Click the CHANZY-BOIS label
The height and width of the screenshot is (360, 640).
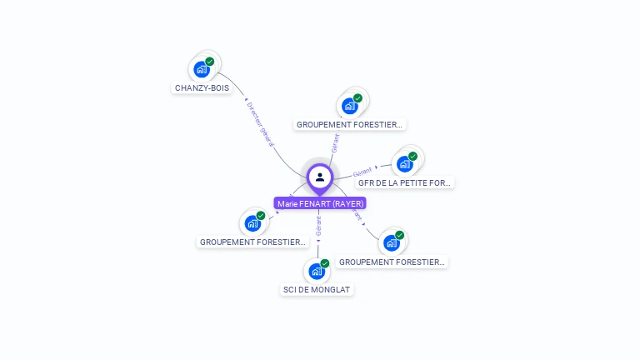point(202,87)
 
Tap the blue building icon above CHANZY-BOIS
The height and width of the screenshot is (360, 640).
point(200,69)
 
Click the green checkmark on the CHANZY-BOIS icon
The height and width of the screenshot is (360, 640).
point(210,62)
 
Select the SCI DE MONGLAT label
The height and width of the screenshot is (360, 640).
point(317,290)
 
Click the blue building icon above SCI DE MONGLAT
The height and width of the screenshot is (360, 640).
point(315,271)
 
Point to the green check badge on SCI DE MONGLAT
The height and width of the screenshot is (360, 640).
point(325,263)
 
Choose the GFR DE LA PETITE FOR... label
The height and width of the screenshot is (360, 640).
point(404,182)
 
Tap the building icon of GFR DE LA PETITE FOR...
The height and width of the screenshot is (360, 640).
point(405,164)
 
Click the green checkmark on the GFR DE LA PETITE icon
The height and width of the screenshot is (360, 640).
point(412,157)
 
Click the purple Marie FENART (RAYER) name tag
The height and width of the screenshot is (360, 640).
point(320,203)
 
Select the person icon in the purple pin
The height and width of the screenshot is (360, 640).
point(320,177)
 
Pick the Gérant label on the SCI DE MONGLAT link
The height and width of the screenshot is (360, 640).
point(318,224)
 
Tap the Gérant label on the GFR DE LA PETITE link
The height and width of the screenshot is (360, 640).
point(362,172)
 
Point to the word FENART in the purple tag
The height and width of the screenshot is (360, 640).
point(316,203)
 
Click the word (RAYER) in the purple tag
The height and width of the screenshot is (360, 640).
point(348,203)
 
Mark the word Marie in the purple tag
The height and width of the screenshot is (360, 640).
point(287,203)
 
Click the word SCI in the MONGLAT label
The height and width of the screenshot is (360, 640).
point(289,290)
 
